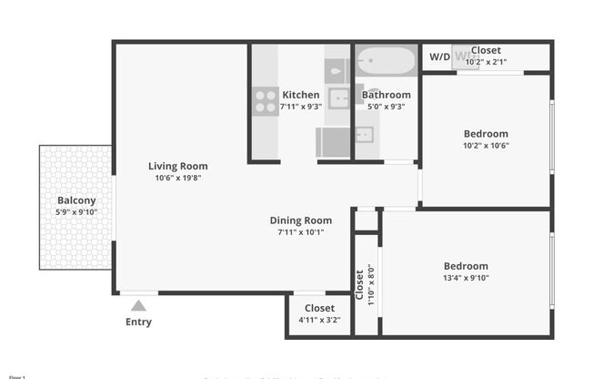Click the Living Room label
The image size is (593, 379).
[x=178, y=166]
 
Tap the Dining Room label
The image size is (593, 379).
[x=300, y=220]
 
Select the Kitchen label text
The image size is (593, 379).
[x=300, y=95]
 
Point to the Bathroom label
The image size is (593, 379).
[x=386, y=95]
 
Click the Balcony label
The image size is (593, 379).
[x=76, y=200]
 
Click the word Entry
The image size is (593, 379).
[x=138, y=322]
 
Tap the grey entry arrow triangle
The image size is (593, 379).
[x=138, y=306]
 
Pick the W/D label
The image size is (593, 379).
[x=439, y=56]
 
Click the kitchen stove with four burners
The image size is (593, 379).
[x=266, y=100]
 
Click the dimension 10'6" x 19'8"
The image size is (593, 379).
[x=178, y=179]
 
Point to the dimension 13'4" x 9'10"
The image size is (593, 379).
[x=466, y=278]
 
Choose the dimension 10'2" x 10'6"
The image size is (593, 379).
[x=486, y=146]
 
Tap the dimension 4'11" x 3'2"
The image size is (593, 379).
[x=319, y=320]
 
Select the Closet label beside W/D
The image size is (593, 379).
[x=487, y=51]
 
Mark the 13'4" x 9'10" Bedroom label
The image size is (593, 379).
[x=466, y=266]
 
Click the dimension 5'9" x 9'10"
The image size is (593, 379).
[x=76, y=212]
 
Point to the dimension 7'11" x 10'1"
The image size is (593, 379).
[x=300, y=232]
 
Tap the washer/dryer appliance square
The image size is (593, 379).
[x=464, y=56]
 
